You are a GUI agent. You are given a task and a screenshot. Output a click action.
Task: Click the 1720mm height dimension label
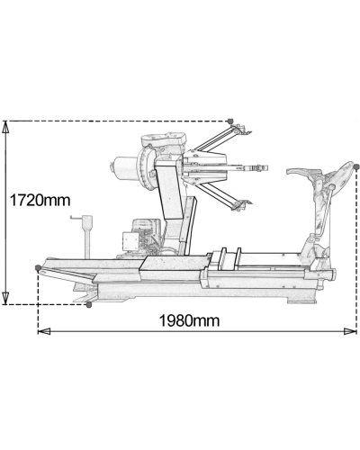[40, 200]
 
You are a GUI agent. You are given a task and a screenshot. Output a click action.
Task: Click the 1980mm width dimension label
[189, 320]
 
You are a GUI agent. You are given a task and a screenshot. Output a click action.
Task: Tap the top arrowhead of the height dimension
[5, 127]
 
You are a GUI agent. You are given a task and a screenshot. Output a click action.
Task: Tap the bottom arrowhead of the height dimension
[5, 298]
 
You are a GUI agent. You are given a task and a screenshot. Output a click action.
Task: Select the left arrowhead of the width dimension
[44, 331]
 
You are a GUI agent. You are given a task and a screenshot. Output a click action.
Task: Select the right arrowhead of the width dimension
[350, 331]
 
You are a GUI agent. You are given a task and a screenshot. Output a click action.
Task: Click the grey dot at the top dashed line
[230, 121]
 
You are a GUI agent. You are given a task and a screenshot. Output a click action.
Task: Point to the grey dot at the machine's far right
[356, 166]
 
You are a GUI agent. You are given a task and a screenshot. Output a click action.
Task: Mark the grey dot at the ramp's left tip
[38, 267]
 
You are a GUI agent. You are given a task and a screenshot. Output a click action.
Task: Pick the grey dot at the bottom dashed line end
[88, 305]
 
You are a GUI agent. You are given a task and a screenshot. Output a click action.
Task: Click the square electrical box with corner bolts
[130, 241]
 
